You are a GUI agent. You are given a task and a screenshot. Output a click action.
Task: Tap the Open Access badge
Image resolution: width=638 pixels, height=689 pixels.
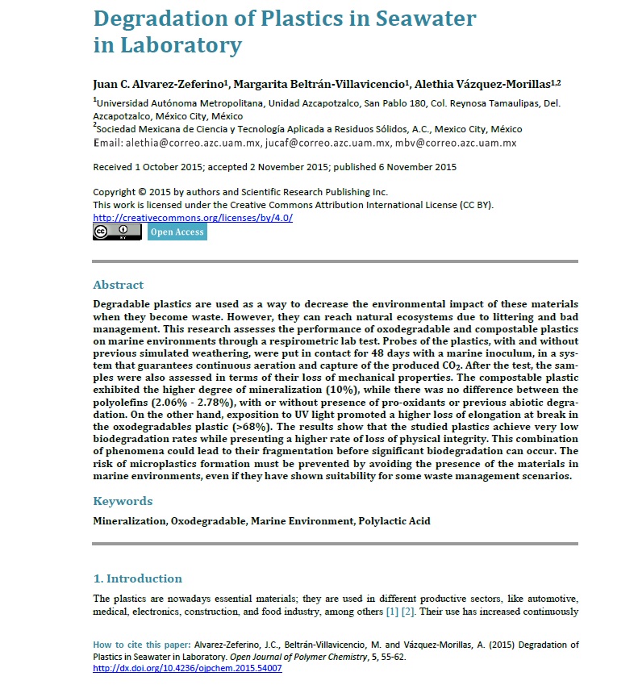pos(177,232)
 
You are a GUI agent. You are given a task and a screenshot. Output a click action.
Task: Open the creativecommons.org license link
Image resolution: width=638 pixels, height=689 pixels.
pos(193,218)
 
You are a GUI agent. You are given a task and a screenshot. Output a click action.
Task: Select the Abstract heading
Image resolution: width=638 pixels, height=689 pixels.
pos(119,285)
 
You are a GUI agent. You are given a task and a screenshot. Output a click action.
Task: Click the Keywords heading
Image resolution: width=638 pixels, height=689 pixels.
pos(123,501)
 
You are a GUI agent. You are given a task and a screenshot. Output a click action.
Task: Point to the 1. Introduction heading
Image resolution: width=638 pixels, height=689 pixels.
pos(138,578)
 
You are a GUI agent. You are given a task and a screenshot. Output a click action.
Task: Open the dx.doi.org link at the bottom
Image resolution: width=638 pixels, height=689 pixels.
pos(188,669)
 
